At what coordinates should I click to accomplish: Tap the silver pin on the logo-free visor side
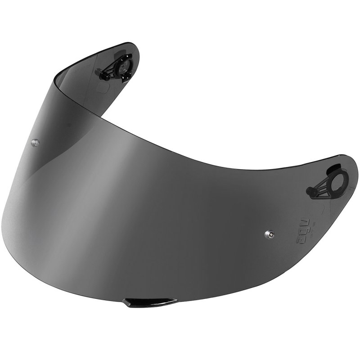(x=35, y=142)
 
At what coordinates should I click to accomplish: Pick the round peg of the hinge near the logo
(x=310, y=193)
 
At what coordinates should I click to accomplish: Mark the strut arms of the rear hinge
(x=112, y=72)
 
